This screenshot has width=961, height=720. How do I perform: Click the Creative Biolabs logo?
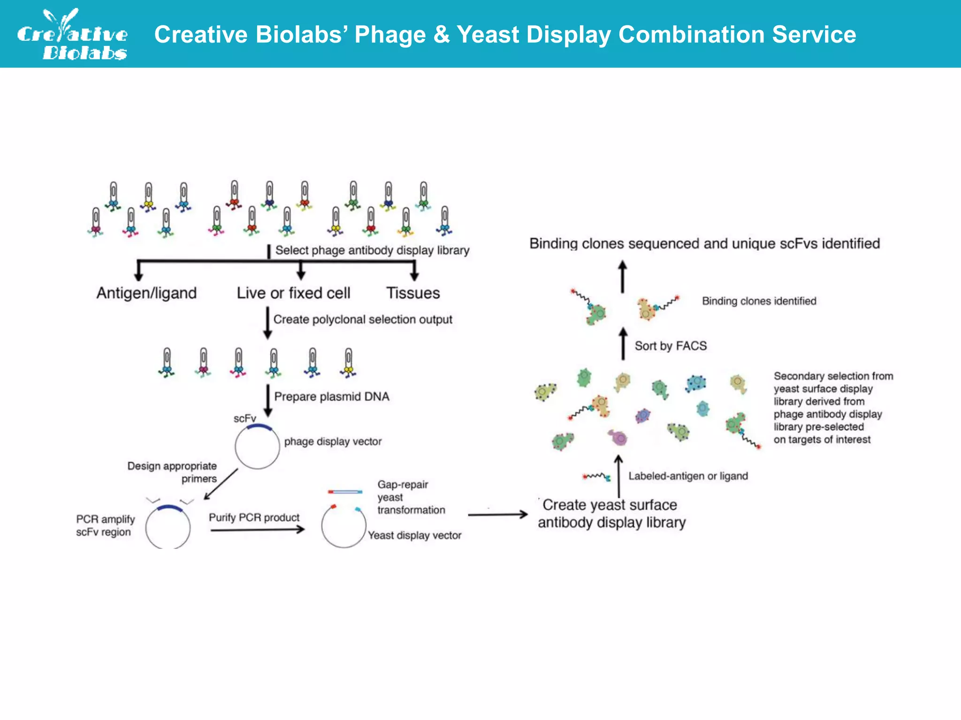pos(73,35)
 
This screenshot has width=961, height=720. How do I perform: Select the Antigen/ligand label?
pos(146,293)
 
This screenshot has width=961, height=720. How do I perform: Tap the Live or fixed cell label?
pos(293,293)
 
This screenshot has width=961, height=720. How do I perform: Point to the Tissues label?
pos(413,293)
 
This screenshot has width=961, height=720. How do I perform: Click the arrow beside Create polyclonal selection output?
pos(267,323)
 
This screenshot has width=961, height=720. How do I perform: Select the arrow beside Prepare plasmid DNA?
pos(268,400)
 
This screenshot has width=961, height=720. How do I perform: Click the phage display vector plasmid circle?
pos(257,446)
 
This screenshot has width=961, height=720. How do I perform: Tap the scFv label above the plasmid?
pos(244,418)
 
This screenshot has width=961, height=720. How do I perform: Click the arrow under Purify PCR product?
pos(257,530)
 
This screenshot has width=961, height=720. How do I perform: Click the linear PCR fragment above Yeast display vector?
pos(345,492)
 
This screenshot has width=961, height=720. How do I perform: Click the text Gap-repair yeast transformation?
pos(411,497)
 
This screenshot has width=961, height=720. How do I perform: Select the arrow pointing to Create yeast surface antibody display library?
pos(497,515)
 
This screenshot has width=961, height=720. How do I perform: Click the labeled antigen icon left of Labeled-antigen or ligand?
pos(596,477)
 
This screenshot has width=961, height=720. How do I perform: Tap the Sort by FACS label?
pos(670,346)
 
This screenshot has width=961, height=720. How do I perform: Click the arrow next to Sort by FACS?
pos(623,344)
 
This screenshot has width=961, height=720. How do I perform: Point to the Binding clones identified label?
pos(759,301)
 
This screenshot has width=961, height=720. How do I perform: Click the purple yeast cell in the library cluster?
pos(618,437)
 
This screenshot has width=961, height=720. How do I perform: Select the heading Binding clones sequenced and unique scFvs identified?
pos(704,244)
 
